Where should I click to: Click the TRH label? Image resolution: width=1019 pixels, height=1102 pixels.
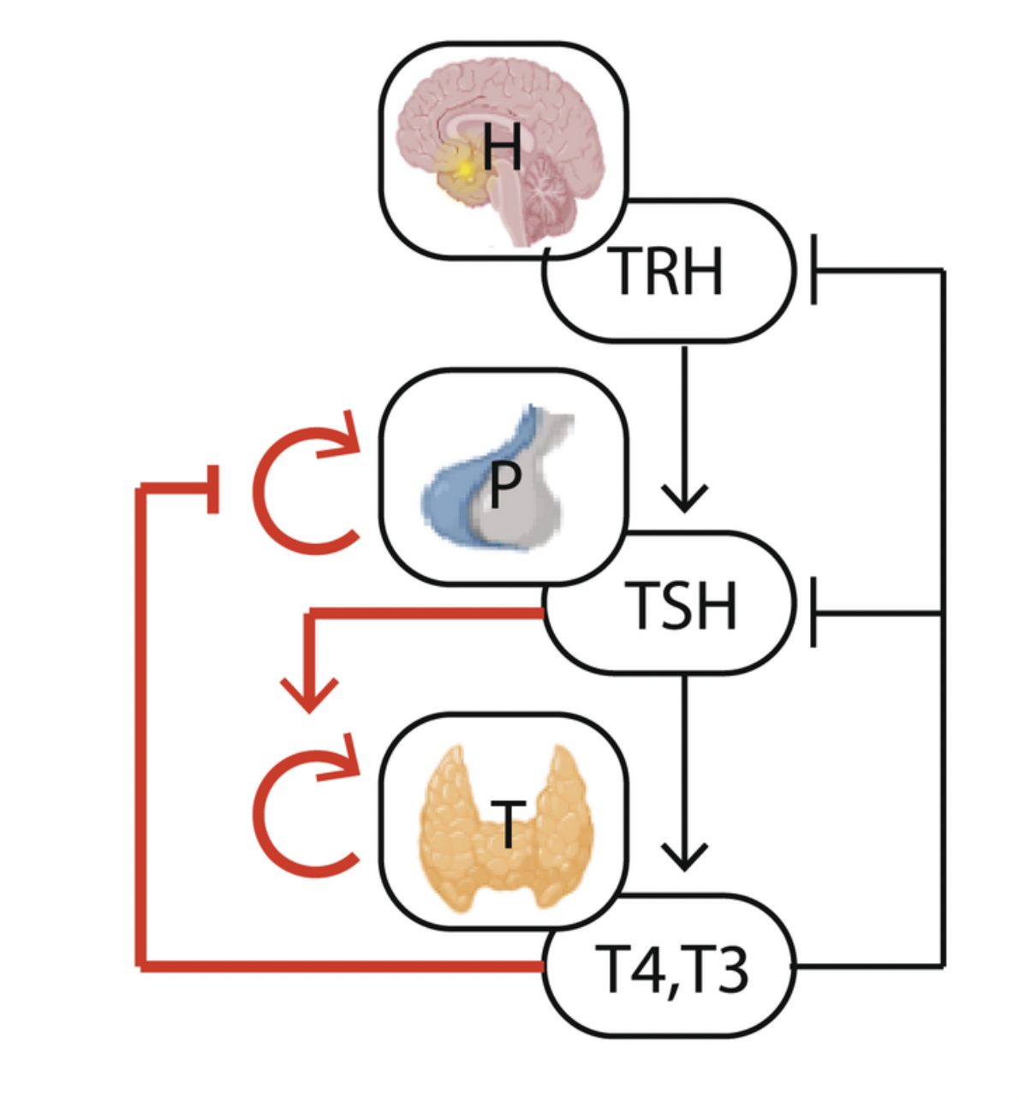[x=669, y=272]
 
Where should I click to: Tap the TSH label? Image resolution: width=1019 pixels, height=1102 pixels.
[x=682, y=605]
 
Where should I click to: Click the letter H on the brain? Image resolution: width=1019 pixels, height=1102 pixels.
[x=502, y=147]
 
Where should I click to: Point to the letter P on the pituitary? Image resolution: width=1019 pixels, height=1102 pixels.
[x=504, y=484]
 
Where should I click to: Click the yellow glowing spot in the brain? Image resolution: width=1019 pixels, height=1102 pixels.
[x=464, y=171]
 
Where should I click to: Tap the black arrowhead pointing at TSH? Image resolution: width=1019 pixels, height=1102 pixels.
[x=684, y=500]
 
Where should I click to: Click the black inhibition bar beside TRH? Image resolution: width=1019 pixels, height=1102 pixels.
[x=813, y=272]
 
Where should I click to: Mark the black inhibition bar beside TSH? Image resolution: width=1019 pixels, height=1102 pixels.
[x=813, y=613]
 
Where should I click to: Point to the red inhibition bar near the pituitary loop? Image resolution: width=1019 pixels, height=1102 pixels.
[x=212, y=488]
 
